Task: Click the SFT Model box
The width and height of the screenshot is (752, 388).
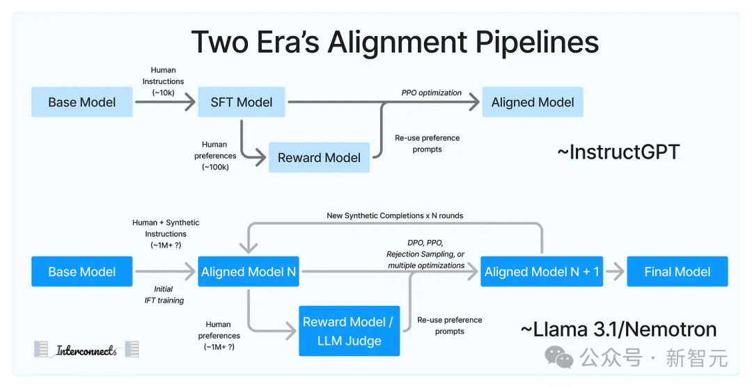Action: point(241,102)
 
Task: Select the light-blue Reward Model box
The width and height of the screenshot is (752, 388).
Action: point(319,157)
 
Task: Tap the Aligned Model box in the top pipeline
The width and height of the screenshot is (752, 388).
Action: point(533,102)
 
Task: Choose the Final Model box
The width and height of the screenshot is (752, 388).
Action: point(677,272)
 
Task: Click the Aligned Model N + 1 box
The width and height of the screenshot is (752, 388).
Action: point(542,272)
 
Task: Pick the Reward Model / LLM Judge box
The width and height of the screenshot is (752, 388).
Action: point(349,331)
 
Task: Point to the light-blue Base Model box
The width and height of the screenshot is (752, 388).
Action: point(82,102)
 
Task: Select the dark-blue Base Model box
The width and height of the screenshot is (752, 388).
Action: point(82,272)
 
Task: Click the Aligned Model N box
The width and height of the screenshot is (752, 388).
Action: point(249,272)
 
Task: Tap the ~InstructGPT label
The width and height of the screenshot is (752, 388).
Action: point(618,152)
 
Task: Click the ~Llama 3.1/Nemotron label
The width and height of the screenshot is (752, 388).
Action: point(619,329)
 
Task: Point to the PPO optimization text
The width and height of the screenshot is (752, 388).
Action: point(432,93)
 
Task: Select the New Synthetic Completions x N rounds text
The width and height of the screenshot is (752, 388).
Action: point(395,216)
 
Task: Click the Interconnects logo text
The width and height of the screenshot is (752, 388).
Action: point(86,350)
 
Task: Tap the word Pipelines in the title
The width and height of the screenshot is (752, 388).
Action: point(537,42)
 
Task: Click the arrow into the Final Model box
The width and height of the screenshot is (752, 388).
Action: point(615,272)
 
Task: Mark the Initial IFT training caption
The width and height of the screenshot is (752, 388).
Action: point(164,295)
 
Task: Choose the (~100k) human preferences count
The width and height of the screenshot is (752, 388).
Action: point(215,167)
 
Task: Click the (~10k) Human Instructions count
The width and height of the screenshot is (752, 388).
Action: point(163,93)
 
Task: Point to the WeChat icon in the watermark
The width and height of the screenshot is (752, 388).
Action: point(558,358)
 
